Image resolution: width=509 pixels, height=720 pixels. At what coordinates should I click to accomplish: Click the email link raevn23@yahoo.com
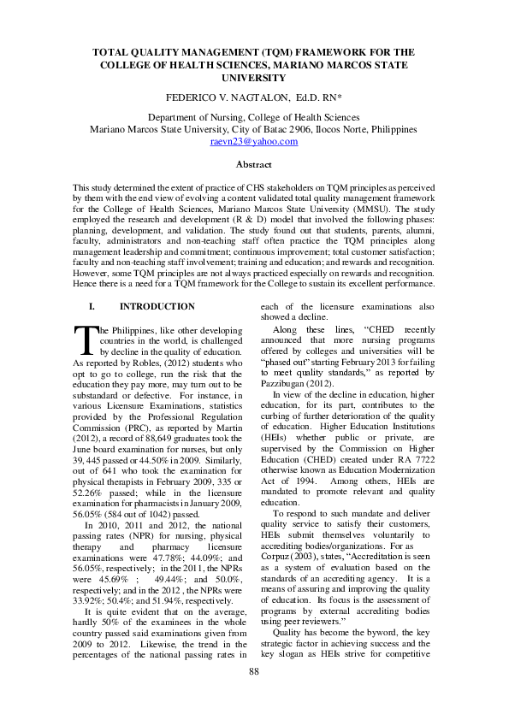(254, 142)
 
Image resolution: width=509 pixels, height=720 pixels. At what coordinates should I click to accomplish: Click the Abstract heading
(254, 164)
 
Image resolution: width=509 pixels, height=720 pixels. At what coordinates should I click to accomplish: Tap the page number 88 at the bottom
(254, 695)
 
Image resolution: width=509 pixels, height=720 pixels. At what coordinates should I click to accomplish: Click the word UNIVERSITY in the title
(254, 77)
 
